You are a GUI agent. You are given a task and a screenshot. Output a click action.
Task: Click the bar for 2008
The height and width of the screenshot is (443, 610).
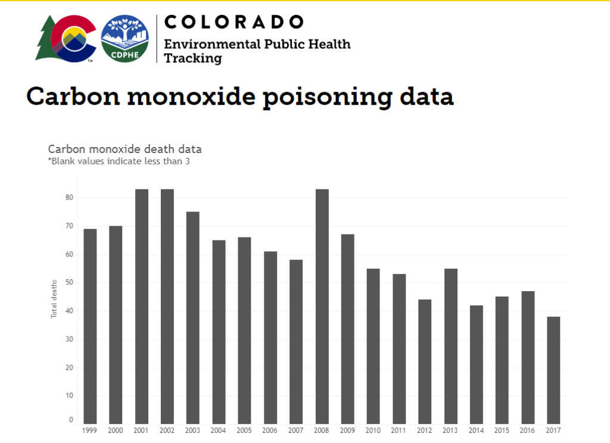point(322,306)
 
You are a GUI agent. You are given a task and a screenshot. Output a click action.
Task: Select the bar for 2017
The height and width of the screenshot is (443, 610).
point(553,370)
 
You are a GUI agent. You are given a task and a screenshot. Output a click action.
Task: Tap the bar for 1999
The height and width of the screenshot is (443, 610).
point(90,326)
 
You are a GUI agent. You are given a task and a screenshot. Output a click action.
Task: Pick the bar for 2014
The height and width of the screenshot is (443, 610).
point(476,364)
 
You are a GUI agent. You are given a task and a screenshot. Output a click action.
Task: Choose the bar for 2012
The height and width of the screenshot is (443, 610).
point(425,361)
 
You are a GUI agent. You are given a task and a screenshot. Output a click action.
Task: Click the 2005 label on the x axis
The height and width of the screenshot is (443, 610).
point(244,430)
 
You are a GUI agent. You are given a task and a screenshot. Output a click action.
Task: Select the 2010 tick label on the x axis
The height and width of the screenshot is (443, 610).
point(373,430)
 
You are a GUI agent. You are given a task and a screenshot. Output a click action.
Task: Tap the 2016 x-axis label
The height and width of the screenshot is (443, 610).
point(528,430)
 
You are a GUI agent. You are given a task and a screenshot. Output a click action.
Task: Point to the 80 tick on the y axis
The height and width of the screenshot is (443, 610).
point(69,198)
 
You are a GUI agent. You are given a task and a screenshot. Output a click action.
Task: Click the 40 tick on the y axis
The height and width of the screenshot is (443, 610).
point(69,311)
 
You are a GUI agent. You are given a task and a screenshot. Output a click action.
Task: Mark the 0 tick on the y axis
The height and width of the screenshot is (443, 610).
point(71,420)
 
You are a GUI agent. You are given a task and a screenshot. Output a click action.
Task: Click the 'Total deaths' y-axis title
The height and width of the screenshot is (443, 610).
point(54,298)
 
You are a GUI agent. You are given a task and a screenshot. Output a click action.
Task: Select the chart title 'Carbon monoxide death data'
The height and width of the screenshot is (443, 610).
point(125,149)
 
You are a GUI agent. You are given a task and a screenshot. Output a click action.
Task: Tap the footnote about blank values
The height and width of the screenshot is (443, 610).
point(119,161)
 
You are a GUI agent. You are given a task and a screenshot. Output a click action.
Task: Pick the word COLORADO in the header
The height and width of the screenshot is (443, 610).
point(234,22)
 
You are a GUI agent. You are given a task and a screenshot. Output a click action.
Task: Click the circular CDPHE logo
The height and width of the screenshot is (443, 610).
point(125,38)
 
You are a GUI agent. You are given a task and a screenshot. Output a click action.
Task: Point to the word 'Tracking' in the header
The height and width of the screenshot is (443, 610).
point(193,58)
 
